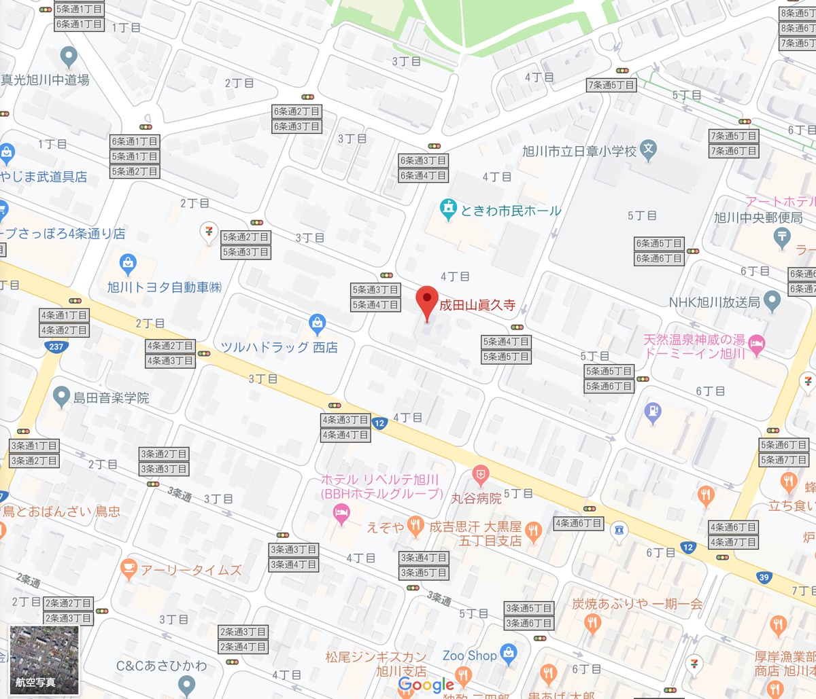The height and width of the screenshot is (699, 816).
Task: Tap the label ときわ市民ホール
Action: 511,211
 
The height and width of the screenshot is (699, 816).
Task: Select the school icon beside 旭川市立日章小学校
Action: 649,149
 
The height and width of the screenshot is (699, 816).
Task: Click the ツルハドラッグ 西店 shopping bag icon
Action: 317,323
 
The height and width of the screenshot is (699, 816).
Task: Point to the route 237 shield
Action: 56,346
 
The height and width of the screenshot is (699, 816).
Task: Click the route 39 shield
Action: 764,577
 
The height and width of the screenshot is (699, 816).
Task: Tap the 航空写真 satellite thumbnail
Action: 44,660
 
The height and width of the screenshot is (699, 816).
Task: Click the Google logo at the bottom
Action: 426,685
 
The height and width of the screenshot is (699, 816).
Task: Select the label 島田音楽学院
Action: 111,398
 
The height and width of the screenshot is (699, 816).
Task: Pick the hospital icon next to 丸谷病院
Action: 481,474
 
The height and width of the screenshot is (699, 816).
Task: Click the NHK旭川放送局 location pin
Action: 772,300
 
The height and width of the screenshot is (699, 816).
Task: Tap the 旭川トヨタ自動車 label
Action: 164,287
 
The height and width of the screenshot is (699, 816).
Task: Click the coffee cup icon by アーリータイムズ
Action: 128,568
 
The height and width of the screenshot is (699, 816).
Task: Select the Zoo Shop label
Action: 469,656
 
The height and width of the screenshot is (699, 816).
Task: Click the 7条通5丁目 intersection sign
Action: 611,85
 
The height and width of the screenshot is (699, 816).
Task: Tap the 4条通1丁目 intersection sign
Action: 65,315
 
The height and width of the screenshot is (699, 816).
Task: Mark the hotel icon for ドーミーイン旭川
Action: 756,345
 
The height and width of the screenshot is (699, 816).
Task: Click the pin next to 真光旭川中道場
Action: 68,56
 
